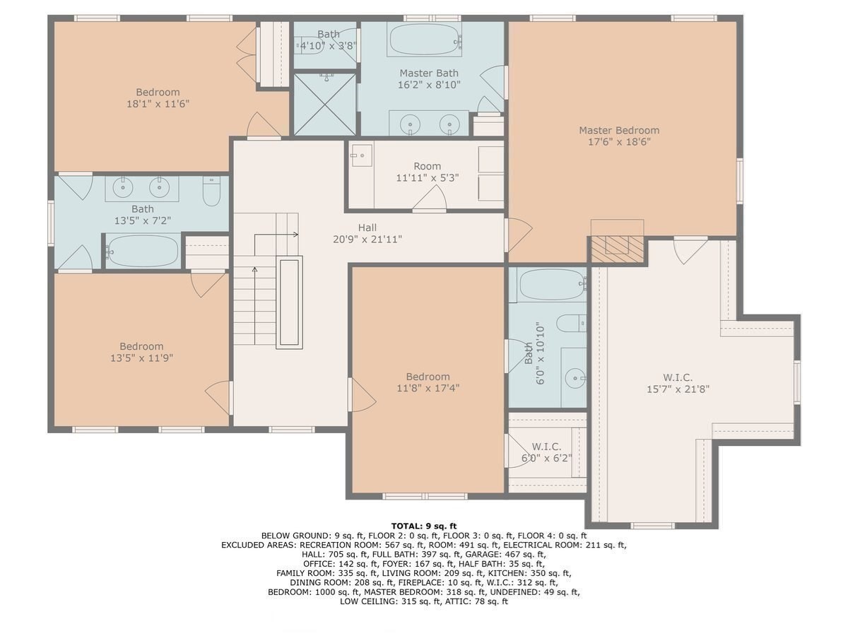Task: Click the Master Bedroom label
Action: click(619, 136)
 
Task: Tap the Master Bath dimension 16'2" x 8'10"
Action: click(429, 85)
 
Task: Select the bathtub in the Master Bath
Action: click(426, 39)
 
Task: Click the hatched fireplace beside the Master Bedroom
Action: click(617, 249)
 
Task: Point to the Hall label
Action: click(367, 228)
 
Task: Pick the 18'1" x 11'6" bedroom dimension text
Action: click(158, 104)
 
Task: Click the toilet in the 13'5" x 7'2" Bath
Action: click(211, 191)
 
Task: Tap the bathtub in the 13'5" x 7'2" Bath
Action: click(143, 251)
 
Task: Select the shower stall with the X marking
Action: click(325, 104)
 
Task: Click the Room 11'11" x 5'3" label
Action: click(428, 172)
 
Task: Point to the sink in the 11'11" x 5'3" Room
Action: click(362, 155)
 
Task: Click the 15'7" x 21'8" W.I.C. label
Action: click(678, 383)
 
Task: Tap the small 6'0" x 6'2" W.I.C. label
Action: click(547, 452)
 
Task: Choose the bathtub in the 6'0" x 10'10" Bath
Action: click(552, 285)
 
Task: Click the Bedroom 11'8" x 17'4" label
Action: click(428, 382)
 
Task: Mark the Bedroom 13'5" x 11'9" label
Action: click(142, 352)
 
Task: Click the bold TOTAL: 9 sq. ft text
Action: click(424, 526)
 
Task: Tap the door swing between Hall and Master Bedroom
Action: click(519, 235)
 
